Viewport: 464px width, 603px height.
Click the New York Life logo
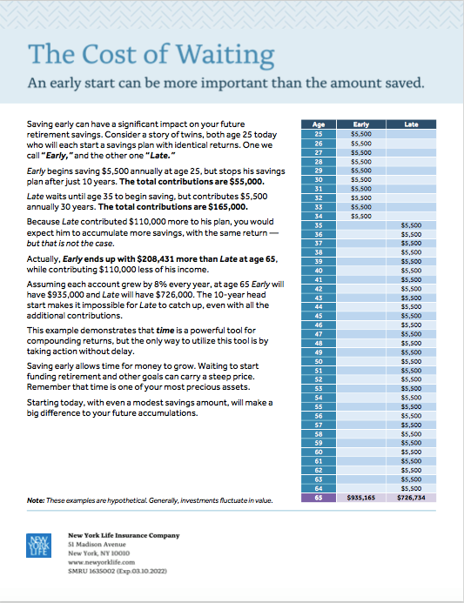pyautogui.click(x=38, y=545)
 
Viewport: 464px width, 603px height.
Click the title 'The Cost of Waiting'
pyautogui.click(x=151, y=54)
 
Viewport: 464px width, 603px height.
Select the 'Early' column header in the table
pyautogui.click(x=361, y=124)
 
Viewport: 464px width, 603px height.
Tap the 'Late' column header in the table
pyautogui.click(x=411, y=124)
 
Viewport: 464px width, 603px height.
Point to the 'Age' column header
pyautogui.click(x=319, y=124)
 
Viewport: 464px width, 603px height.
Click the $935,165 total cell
pyautogui.click(x=361, y=498)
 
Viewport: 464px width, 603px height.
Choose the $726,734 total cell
pyautogui.click(x=411, y=498)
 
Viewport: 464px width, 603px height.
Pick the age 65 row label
pyautogui.click(x=319, y=498)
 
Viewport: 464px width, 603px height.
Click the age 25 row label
pyautogui.click(x=319, y=134)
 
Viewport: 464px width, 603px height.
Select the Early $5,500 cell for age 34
pyautogui.click(x=361, y=216)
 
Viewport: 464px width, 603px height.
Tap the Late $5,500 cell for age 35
pyautogui.click(x=411, y=225)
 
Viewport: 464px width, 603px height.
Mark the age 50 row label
pyautogui.click(x=319, y=361)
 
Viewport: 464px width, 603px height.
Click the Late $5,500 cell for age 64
pyautogui.click(x=411, y=488)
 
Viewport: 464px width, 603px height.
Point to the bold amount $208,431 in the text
pyautogui.click(x=155, y=258)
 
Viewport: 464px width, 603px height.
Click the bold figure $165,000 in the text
pyautogui.click(x=228, y=207)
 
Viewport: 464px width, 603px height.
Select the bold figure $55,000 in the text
pyautogui.click(x=246, y=182)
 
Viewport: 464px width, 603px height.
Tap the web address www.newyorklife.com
pyautogui.click(x=102, y=562)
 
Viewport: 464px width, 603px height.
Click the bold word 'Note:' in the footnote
pyautogui.click(x=36, y=500)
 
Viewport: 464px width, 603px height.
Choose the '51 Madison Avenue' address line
pyautogui.click(x=97, y=544)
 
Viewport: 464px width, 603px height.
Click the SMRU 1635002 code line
pyautogui.click(x=118, y=571)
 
